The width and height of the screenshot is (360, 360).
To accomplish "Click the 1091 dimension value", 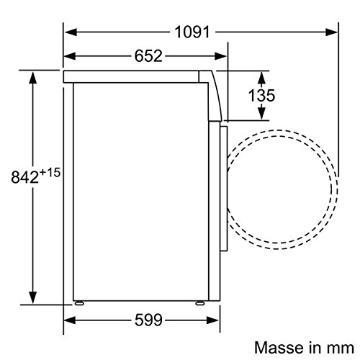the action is (x=192, y=32).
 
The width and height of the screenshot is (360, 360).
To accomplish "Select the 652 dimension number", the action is (x=148, y=56).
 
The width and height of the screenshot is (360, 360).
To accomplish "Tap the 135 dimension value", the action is (x=261, y=96).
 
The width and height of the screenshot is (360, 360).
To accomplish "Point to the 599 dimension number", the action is (x=148, y=320).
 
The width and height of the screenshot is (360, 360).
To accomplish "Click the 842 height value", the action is (x=24, y=177).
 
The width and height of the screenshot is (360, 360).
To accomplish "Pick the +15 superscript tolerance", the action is (x=50, y=173).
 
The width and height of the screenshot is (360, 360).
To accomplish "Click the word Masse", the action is (x=279, y=348).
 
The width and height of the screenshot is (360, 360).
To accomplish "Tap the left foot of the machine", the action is (x=79, y=303).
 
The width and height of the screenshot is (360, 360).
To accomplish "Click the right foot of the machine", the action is (x=200, y=303).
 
